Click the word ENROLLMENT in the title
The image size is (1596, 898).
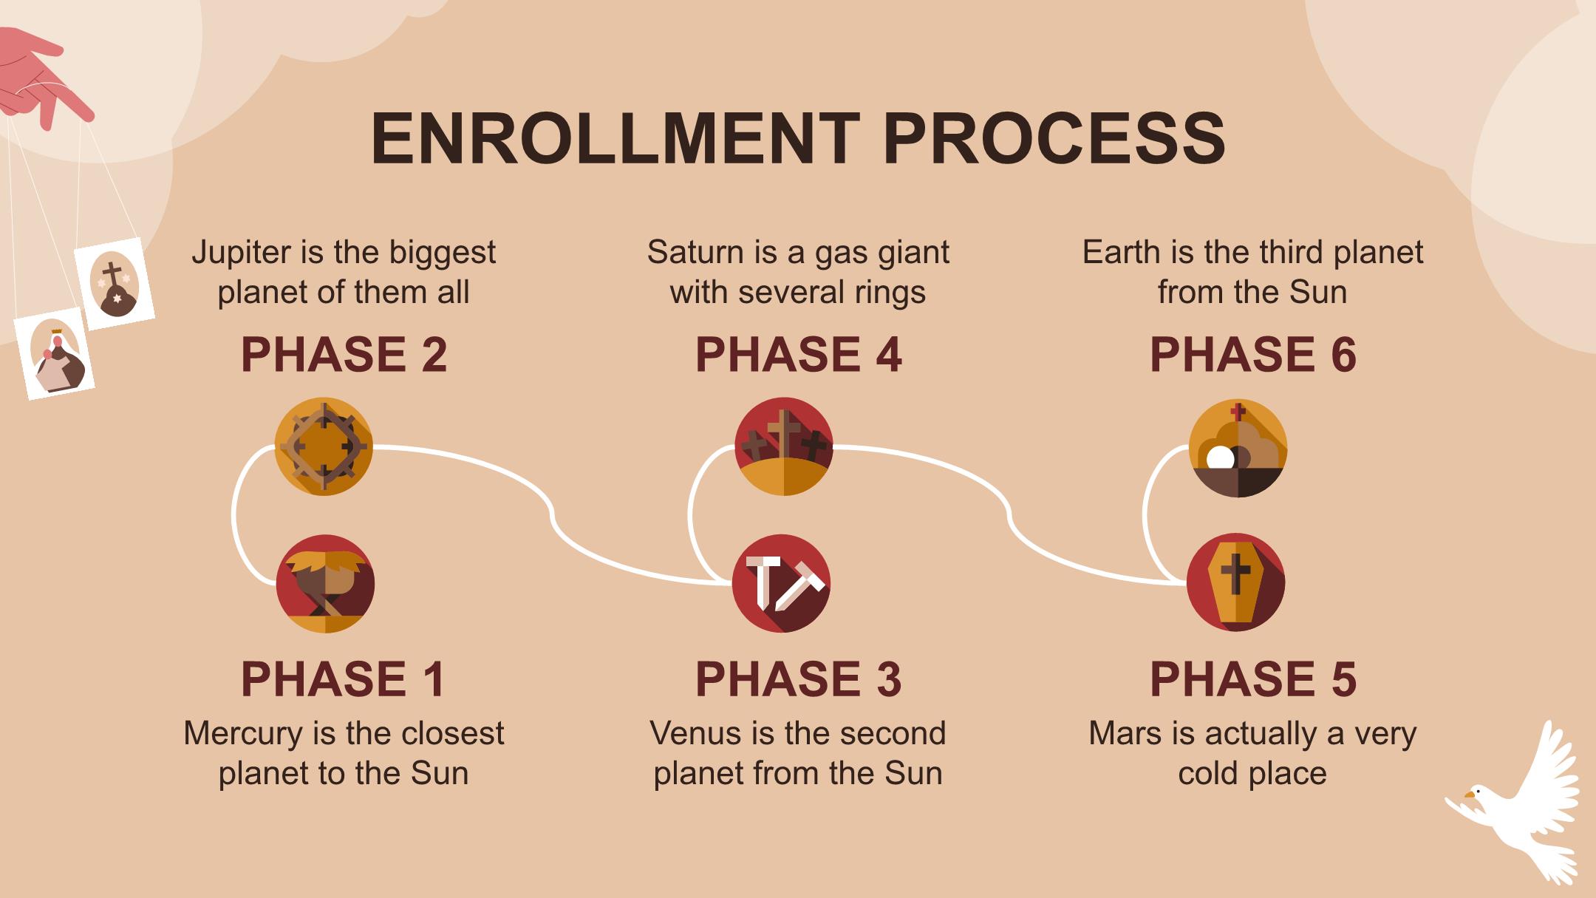tap(615, 138)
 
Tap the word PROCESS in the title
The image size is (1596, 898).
tap(1055, 138)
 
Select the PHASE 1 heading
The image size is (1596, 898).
tap(344, 678)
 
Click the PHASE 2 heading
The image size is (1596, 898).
tap(344, 354)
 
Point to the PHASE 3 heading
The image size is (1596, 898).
tap(798, 678)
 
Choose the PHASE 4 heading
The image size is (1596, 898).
tap(798, 354)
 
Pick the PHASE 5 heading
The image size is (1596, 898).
tap(1252, 678)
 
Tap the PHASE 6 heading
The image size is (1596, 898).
tap(1252, 354)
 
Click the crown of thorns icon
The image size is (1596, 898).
tap(324, 446)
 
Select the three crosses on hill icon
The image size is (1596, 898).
tap(784, 446)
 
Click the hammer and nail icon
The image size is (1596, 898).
tap(782, 584)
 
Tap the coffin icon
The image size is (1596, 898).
tap(1236, 582)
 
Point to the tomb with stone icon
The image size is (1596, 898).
tap(1238, 448)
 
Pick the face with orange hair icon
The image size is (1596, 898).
tap(325, 584)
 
